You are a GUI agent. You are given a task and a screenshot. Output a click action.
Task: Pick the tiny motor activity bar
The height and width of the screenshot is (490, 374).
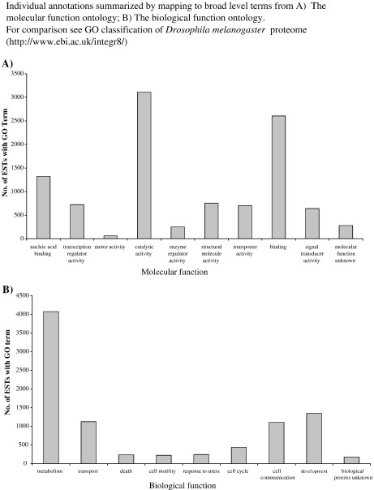(110, 236)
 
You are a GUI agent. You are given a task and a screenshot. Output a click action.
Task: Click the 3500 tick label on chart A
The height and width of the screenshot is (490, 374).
(19, 73)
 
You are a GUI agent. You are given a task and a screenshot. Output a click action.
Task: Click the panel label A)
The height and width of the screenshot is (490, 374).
(7, 62)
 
